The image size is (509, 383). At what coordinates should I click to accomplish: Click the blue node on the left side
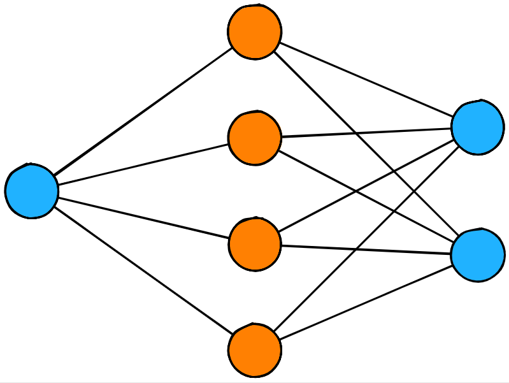(x=32, y=191)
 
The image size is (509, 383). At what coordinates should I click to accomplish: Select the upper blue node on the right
(x=477, y=127)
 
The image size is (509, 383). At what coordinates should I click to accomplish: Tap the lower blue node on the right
(x=477, y=254)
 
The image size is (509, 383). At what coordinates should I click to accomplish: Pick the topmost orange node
(x=255, y=32)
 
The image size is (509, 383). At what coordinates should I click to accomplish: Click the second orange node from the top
(x=255, y=138)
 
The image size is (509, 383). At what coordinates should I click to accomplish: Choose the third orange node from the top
(x=255, y=244)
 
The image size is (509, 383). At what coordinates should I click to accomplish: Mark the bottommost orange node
(x=255, y=350)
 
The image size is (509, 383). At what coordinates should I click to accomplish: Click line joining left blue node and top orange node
(x=143, y=112)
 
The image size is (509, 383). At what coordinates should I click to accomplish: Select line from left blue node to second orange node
(x=143, y=164)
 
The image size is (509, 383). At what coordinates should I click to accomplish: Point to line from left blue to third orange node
(x=143, y=218)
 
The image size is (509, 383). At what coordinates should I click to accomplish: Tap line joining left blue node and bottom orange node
(x=143, y=271)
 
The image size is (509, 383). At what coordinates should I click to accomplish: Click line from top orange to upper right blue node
(x=366, y=79)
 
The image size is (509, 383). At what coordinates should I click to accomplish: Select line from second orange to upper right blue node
(x=366, y=132)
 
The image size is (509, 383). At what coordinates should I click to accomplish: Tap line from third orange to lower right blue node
(x=366, y=249)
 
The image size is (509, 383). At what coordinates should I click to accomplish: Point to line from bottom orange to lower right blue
(x=366, y=302)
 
